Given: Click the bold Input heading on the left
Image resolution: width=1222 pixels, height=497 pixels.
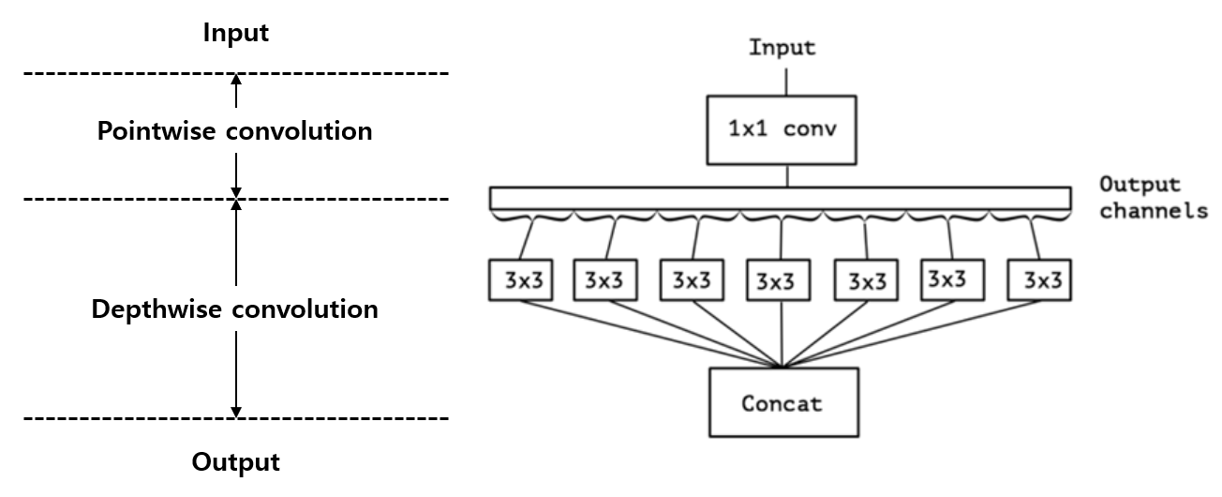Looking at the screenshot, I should coord(236,34).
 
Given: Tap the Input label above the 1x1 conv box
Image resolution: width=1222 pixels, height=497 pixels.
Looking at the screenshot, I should coord(782,48).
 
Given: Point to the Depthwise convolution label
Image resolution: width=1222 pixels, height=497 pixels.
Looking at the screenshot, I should coord(234,309).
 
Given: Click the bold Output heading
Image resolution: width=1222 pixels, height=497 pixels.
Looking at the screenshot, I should coord(236,462).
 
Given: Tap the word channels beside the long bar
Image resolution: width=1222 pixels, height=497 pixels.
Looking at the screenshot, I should coord(1153,210).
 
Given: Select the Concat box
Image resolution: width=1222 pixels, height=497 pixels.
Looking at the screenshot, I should coord(782,403).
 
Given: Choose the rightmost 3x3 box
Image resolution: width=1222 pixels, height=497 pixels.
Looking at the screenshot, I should coord(1037,279).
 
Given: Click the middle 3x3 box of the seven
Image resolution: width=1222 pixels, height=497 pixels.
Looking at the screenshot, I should coord(778,280).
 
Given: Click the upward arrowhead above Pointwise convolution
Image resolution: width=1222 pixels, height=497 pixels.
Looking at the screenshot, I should coord(236,80).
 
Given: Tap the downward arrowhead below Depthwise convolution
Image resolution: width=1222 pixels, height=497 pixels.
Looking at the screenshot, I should coord(236,411).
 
